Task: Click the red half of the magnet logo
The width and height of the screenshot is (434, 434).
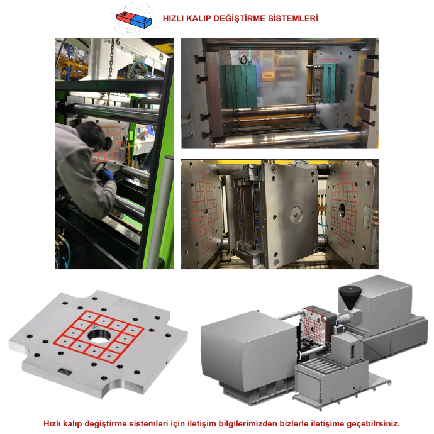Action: click(125, 18)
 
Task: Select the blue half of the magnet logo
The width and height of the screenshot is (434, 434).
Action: click(141, 21)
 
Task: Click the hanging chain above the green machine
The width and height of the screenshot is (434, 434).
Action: click(112, 58)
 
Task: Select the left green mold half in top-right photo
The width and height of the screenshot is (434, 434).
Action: click(241, 86)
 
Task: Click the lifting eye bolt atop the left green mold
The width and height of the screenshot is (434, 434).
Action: click(245, 60)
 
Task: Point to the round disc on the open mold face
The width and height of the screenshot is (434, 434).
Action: click(296, 214)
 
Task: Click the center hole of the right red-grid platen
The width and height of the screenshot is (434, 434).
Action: click(342, 209)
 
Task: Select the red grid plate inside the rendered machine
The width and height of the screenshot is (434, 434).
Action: click(314, 327)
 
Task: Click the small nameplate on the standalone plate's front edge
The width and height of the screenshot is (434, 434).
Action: click(65, 372)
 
